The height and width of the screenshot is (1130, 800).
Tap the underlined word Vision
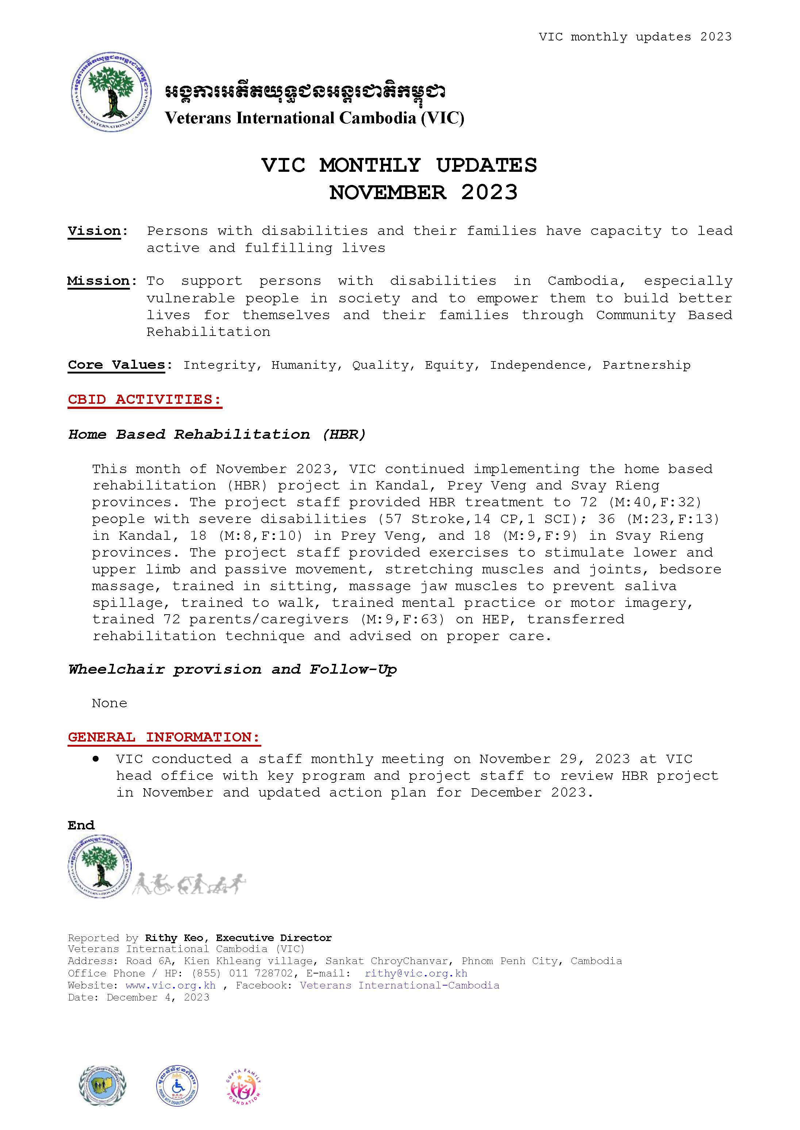click(x=94, y=231)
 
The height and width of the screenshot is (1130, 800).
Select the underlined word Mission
click(x=99, y=281)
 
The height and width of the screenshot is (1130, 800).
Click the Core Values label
click(x=117, y=365)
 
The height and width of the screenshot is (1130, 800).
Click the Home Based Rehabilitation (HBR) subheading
click(x=217, y=434)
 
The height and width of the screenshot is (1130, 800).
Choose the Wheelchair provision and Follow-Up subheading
click(x=232, y=669)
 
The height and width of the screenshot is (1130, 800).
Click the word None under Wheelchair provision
click(x=109, y=703)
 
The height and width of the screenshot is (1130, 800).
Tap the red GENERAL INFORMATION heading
click(x=164, y=737)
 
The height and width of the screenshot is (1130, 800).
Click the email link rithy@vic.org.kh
click(x=416, y=974)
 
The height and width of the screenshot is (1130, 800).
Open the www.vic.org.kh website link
click(x=170, y=985)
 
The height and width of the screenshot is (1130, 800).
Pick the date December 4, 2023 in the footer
click(x=158, y=998)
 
